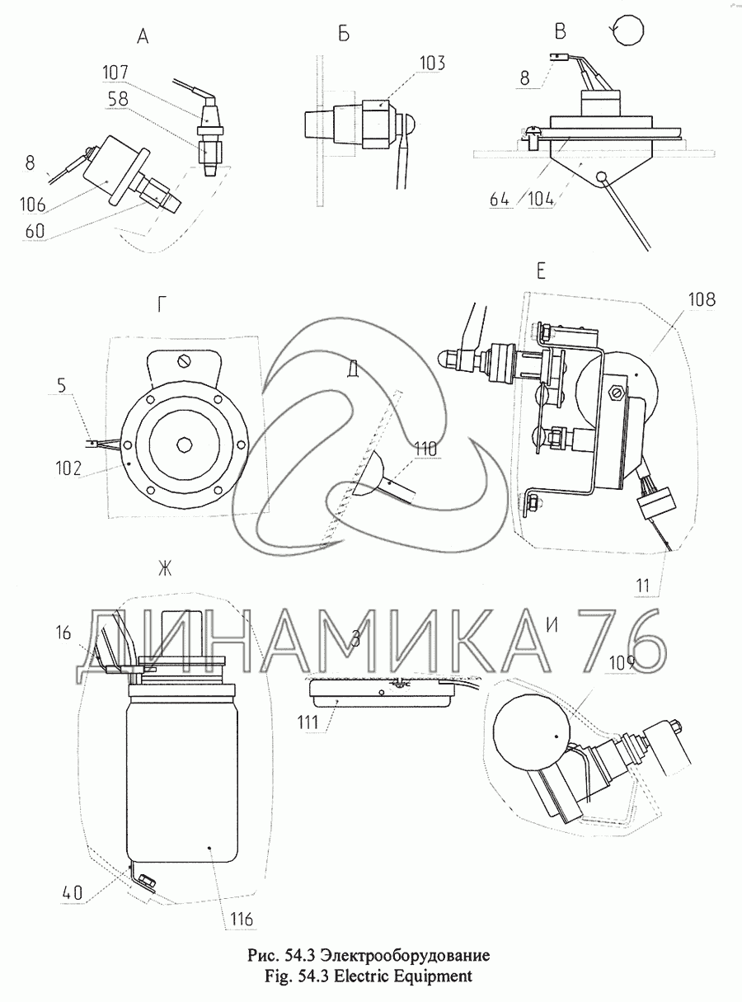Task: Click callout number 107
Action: (x=115, y=73)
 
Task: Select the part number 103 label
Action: (x=431, y=64)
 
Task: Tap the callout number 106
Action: (x=32, y=205)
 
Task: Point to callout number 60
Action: (x=35, y=231)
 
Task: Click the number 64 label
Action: (x=500, y=200)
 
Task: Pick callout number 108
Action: (x=702, y=299)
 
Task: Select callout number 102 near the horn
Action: (x=68, y=468)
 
